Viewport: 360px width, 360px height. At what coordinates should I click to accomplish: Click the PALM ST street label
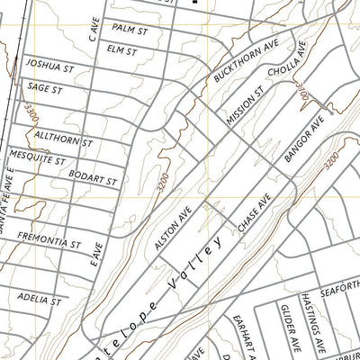coord(130,30)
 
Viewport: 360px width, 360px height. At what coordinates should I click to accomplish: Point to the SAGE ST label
coord(45,88)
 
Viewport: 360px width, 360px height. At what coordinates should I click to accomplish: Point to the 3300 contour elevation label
coord(32,115)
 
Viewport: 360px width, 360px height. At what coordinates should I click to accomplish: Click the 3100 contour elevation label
coord(295,90)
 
